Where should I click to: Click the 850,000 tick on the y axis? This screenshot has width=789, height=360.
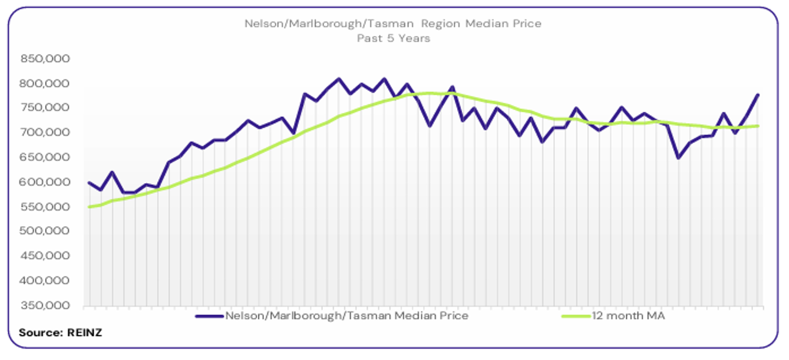[x=46, y=59]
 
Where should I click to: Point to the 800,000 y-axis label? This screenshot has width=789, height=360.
[x=46, y=83]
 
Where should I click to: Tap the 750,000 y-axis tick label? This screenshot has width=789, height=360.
[x=46, y=108]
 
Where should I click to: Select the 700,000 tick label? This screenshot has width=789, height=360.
[x=46, y=133]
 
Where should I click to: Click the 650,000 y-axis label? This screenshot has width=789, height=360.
[x=46, y=157]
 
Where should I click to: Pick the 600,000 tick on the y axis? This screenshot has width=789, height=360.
[x=46, y=182]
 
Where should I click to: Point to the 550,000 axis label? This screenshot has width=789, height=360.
[x=46, y=207]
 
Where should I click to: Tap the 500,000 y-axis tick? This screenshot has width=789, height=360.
[x=46, y=232]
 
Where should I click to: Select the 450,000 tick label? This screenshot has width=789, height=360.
[x=46, y=256]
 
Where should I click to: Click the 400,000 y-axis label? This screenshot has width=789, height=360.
[x=46, y=281]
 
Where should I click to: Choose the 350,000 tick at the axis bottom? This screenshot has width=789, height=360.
[x=46, y=305]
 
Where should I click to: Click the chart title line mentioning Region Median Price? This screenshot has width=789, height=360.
[x=393, y=24]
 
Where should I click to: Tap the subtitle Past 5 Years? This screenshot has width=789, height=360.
[x=393, y=38]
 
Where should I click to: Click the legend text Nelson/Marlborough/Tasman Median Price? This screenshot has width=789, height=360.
[x=346, y=315]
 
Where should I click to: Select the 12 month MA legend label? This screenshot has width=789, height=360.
[x=629, y=315]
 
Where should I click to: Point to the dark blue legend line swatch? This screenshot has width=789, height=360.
[x=208, y=315]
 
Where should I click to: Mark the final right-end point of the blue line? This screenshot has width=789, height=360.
[x=758, y=95]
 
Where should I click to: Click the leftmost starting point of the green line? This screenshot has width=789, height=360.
[x=89, y=207]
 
